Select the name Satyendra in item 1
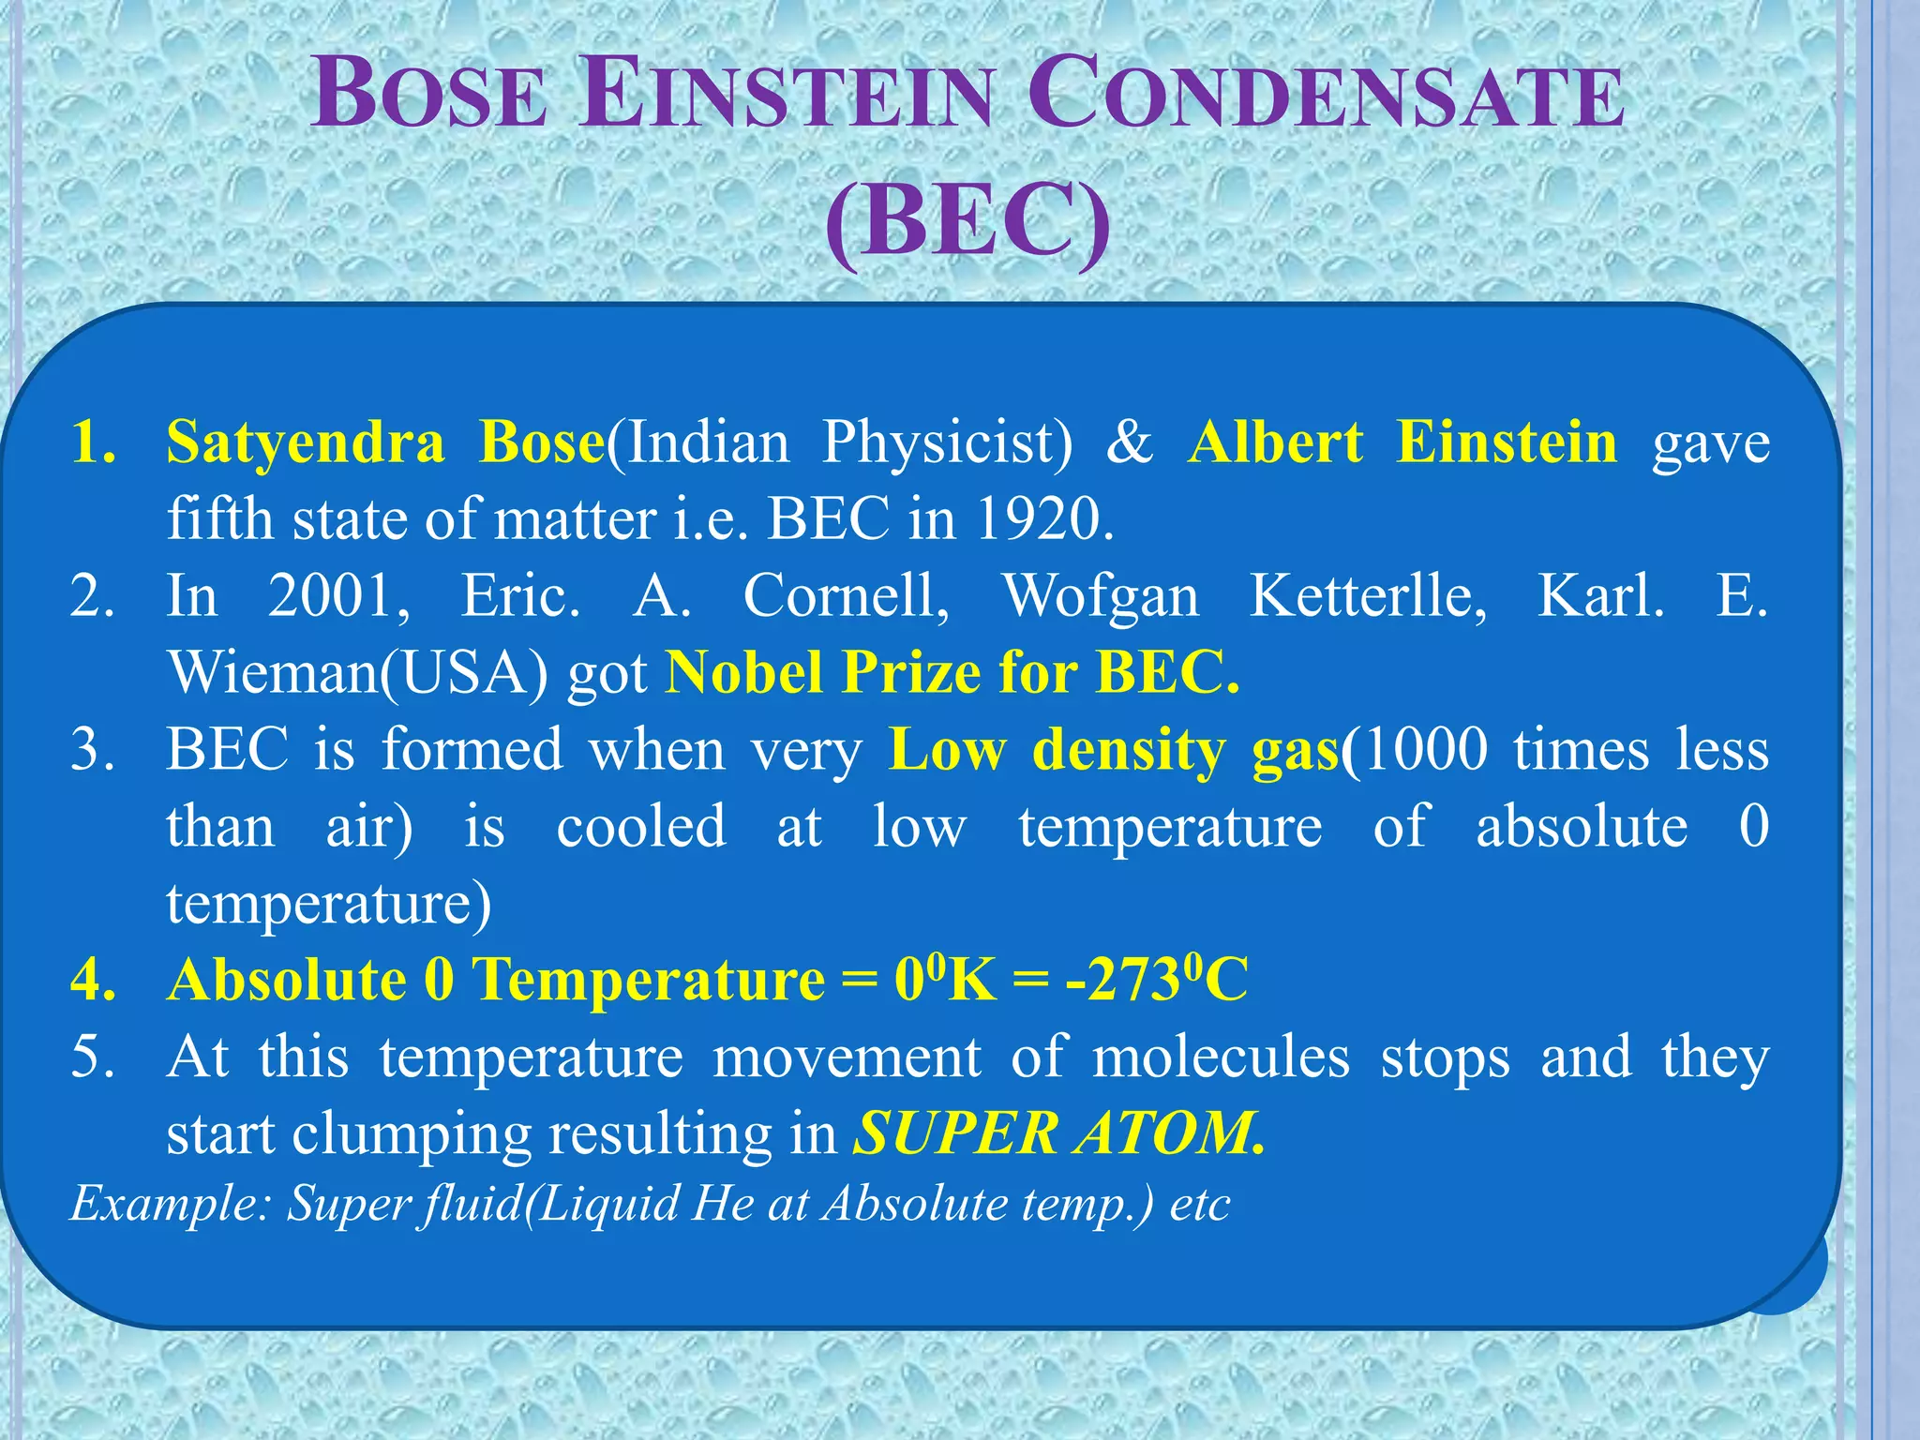click(306, 442)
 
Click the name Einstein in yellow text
click(1506, 442)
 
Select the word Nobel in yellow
click(744, 673)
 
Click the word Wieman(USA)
click(357, 673)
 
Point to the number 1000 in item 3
click(1421, 750)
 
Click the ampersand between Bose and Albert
click(1130, 442)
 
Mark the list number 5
click(92, 1057)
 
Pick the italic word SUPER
click(956, 1134)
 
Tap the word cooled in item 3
click(641, 827)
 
